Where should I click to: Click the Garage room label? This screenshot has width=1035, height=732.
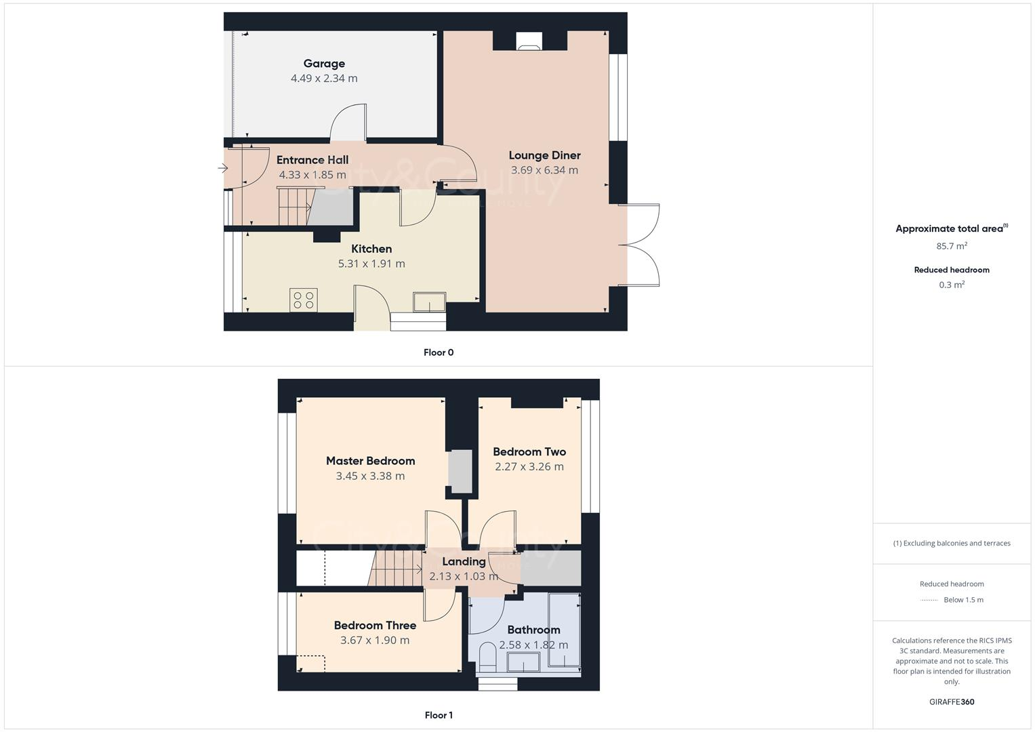click(x=324, y=64)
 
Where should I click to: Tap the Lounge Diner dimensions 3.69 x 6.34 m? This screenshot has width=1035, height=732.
click(x=544, y=170)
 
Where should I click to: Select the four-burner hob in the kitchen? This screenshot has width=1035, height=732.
click(x=303, y=300)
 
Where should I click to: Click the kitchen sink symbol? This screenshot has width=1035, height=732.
click(x=430, y=302)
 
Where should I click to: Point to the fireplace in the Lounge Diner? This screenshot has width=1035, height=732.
click(x=529, y=42)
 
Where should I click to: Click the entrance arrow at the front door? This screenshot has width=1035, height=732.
click(x=223, y=169)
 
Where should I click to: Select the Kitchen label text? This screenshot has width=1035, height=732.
click(x=371, y=249)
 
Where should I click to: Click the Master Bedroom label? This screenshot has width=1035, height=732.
click(x=370, y=461)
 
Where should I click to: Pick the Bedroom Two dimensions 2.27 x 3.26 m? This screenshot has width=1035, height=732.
click(x=529, y=466)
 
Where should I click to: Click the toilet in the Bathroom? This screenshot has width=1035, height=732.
click(x=487, y=657)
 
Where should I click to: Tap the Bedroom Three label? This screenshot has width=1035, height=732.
click(x=375, y=626)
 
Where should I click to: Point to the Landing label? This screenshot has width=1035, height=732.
click(x=464, y=561)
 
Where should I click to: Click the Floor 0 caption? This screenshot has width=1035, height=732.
click(x=439, y=352)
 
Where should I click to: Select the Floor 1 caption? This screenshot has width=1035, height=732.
click(x=439, y=715)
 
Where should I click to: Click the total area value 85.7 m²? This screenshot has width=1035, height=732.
click(x=952, y=246)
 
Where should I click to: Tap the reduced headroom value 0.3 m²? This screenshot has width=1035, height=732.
click(x=952, y=285)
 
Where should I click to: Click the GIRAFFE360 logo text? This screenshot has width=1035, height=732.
click(x=952, y=701)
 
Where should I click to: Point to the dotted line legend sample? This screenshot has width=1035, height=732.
click(x=930, y=600)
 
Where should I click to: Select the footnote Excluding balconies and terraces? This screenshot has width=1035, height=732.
click(x=952, y=543)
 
